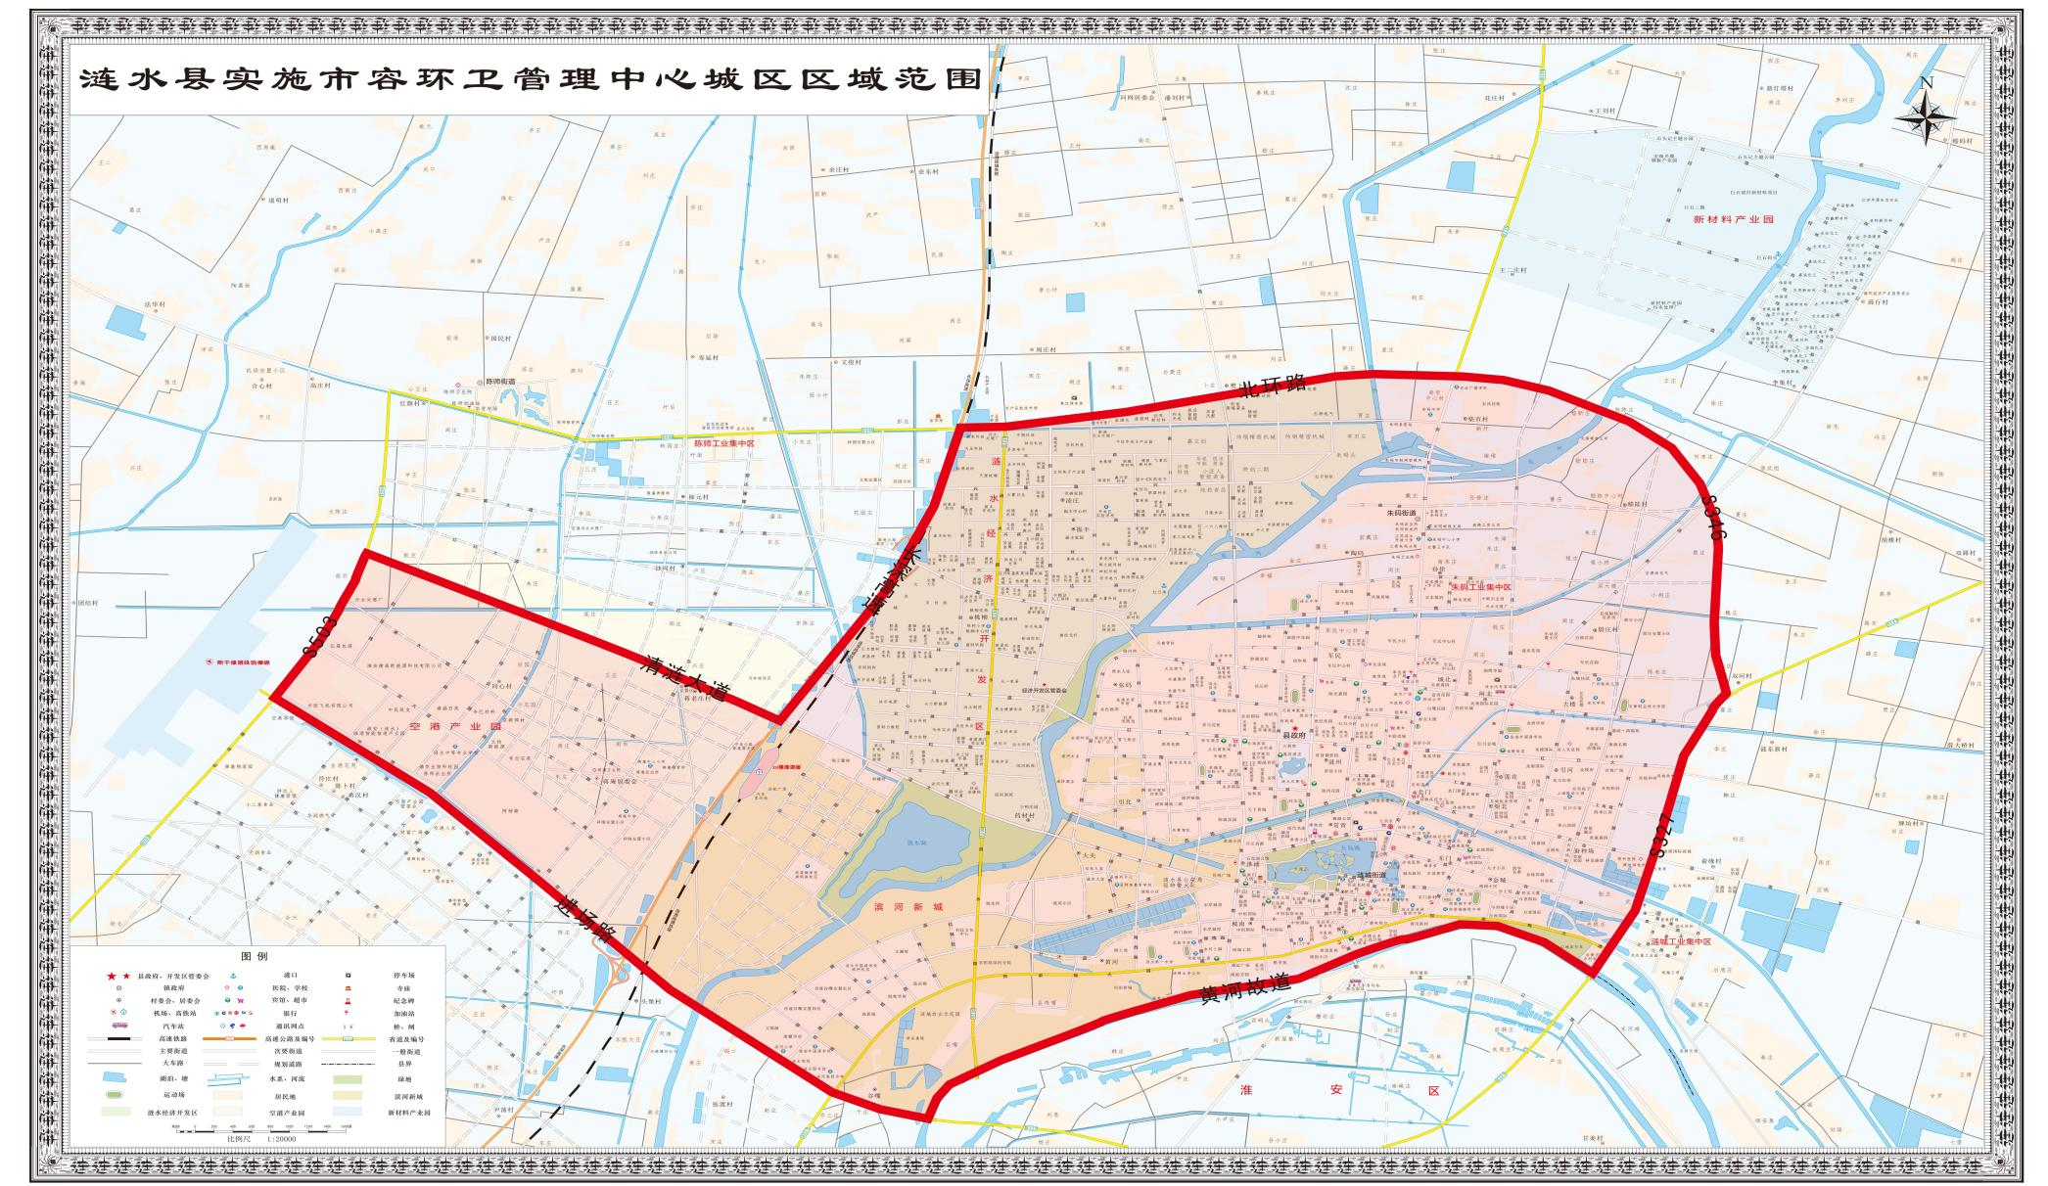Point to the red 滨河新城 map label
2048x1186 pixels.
908,907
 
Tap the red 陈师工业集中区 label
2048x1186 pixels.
724,443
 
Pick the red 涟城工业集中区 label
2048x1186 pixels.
1680,941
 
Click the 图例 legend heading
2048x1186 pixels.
255,956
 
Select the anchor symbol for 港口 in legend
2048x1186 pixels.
233,976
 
